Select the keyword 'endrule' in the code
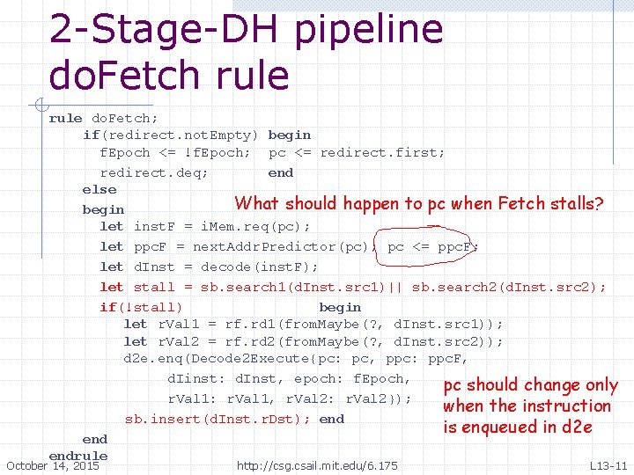tap(78, 456)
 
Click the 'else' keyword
tap(99, 189)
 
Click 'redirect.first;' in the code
tap(382, 152)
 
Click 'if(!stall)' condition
tap(141, 307)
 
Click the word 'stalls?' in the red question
tap(574, 204)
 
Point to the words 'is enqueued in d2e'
tap(517, 427)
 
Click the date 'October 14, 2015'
tap(52, 465)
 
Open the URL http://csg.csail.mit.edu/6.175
tap(317, 465)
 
